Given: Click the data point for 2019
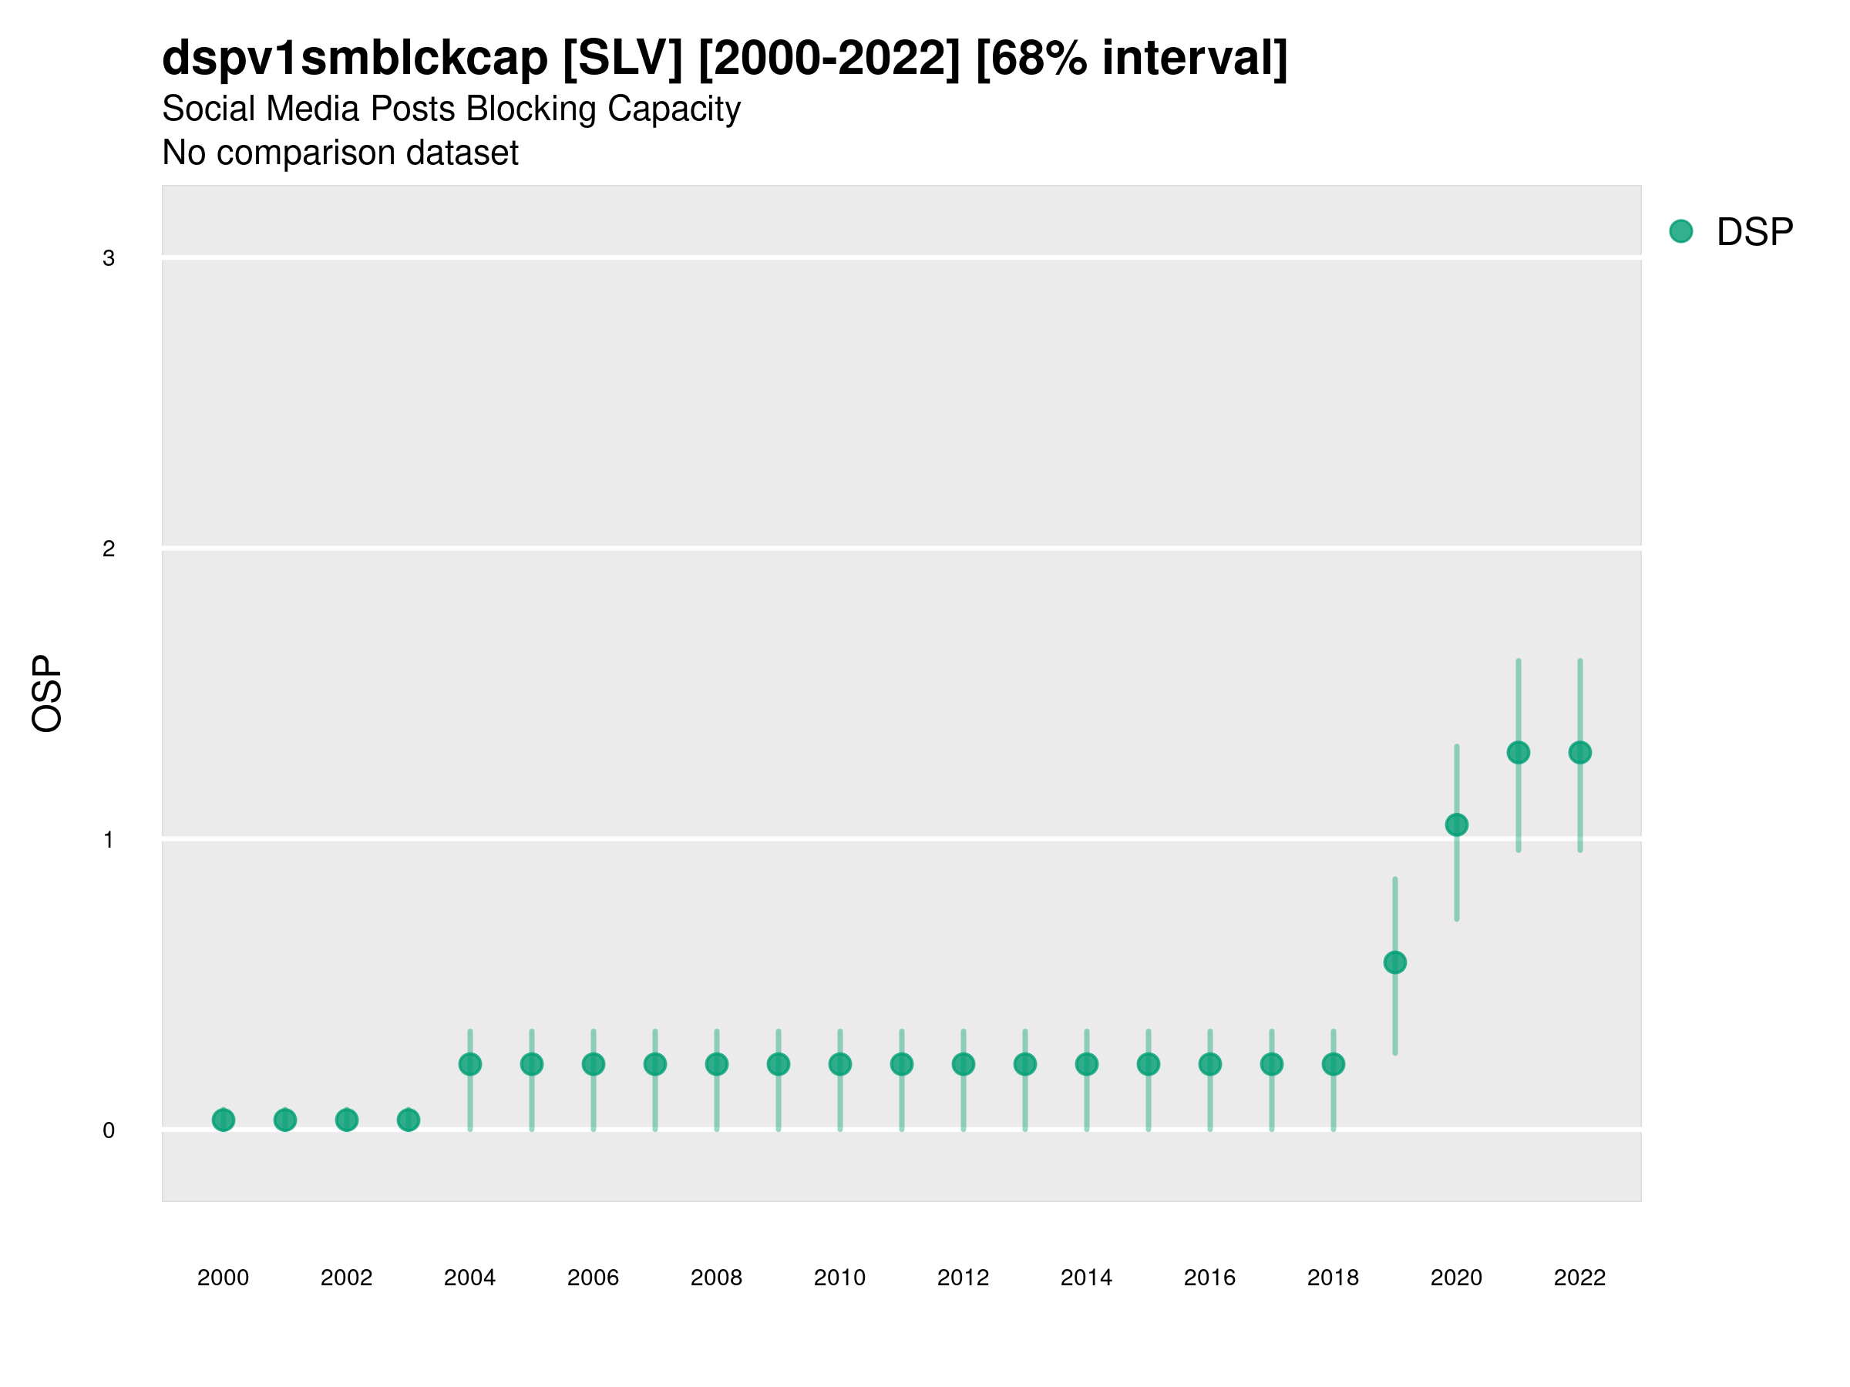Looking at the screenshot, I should [x=1395, y=962].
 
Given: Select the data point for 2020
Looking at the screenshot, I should [x=1456, y=824].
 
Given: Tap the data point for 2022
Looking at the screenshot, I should [x=1580, y=752].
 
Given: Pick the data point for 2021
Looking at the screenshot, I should [x=1518, y=752].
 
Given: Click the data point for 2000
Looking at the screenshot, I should [x=224, y=1120].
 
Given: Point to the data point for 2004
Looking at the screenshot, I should [x=470, y=1064].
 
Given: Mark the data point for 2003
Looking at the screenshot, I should [x=408, y=1120].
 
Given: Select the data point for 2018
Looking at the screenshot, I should [x=1333, y=1064].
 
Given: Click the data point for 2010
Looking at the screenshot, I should [x=839, y=1064].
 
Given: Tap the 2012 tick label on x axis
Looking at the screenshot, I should [x=963, y=1278].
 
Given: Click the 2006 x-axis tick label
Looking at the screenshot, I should [x=593, y=1278].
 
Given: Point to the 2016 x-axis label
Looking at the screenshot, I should [x=1209, y=1278].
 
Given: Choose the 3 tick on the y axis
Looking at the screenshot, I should [x=109, y=258].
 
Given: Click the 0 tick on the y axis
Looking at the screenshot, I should [x=109, y=1130].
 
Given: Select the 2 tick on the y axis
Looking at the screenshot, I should [x=109, y=549].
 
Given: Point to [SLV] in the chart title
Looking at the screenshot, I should [x=622, y=59].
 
